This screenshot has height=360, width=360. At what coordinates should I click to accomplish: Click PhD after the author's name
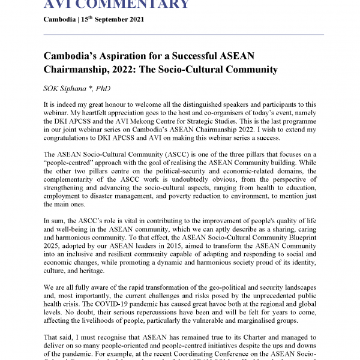click(x=103, y=88)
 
